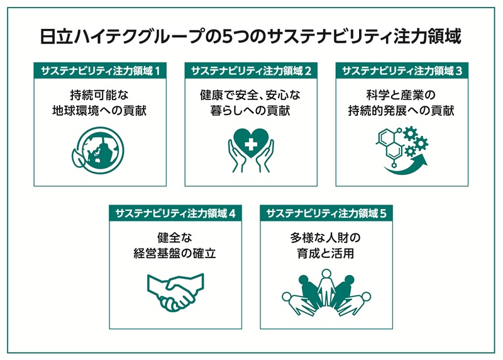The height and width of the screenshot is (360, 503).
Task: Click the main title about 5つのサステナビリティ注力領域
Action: coord(251,37)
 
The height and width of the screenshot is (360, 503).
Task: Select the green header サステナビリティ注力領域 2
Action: coord(251,70)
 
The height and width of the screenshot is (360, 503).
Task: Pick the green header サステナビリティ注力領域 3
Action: coord(402,70)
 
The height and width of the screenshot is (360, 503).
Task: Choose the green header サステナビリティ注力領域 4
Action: coord(175,213)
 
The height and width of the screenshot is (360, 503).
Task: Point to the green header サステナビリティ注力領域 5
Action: coord(326,213)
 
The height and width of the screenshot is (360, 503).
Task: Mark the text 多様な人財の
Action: coord(326,239)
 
